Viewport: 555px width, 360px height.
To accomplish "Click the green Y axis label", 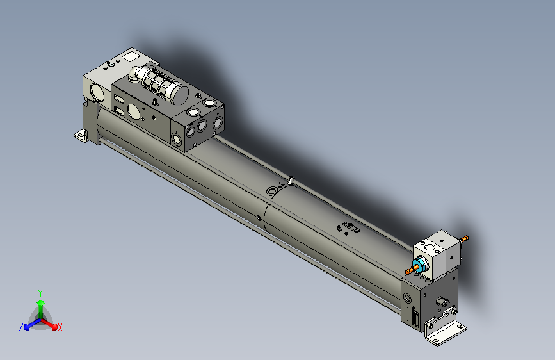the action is [x=40, y=293].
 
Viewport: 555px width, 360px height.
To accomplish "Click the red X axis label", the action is [x=60, y=328].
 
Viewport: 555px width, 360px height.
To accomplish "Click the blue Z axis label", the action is [x=21, y=327].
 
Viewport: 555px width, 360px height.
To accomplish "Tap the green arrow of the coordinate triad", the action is [x=41, y=309].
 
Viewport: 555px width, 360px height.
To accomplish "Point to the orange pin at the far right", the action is [x=465, y=238].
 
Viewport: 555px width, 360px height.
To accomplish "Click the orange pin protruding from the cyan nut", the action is [x=410, y=271].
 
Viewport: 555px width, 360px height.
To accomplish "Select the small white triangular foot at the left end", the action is [x=81, y=136].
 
